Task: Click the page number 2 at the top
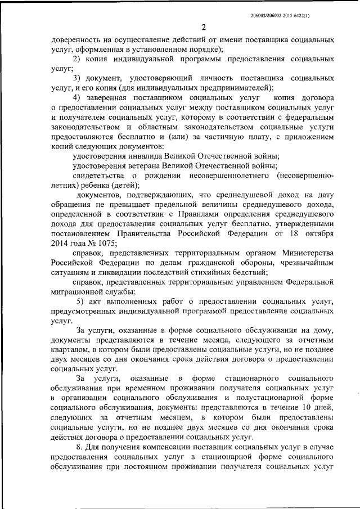point(204,28)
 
